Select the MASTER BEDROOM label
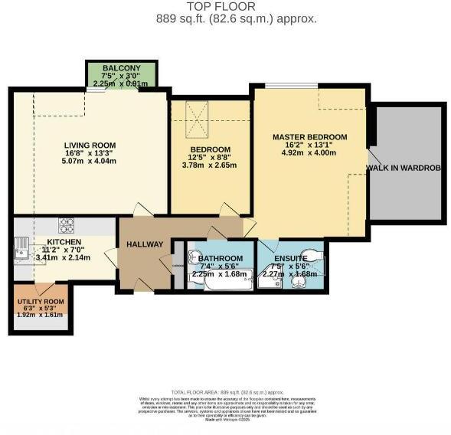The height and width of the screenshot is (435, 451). [309, 137]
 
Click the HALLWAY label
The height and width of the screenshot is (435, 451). [145, 244]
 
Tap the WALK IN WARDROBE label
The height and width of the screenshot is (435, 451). [405, 168]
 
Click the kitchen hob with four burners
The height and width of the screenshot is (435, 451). [67, 224]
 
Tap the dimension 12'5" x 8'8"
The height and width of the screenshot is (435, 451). [210, 158]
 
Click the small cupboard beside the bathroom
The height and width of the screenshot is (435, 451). [178, 267]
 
